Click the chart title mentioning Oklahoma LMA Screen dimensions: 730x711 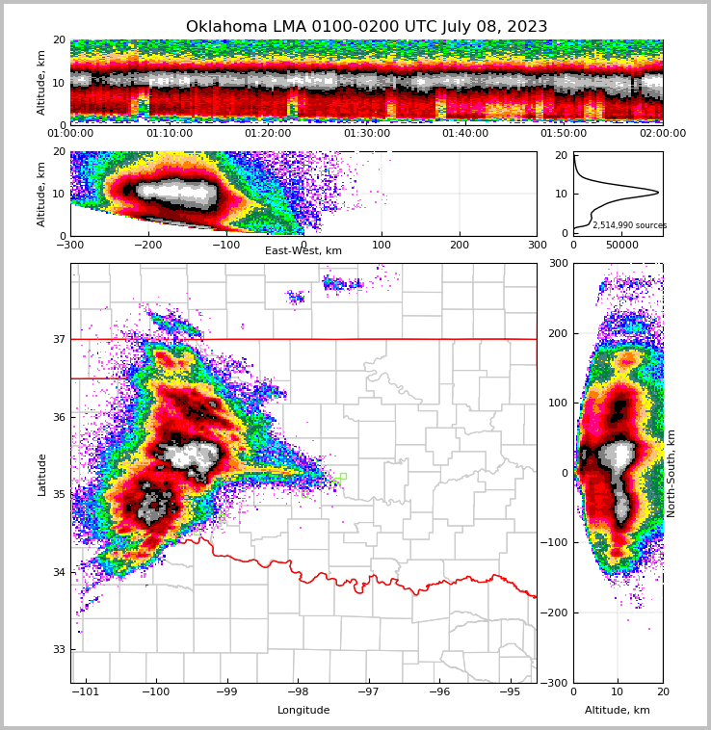click(366, 27)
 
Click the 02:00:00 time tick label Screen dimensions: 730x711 click(662, 134)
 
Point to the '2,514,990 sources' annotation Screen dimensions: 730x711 click(629, 225)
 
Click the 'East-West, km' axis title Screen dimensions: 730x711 click(303, 251)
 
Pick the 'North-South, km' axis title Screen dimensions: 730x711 click(671, 473)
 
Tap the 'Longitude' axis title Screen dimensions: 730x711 click(303, 711)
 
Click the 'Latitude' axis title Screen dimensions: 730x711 click(41, 474)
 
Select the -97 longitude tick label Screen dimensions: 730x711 click(368, 691)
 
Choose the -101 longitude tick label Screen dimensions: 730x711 click(86, 691)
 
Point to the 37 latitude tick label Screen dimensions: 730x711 click(59, 339)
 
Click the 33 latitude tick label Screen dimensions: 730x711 click(59, 650)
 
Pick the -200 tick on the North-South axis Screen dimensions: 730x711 click(556, 613)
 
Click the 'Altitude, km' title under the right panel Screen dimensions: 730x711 click(618, 711)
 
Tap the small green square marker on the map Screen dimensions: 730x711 click(342, 476)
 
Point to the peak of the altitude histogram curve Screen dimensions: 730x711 click(658, 193)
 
